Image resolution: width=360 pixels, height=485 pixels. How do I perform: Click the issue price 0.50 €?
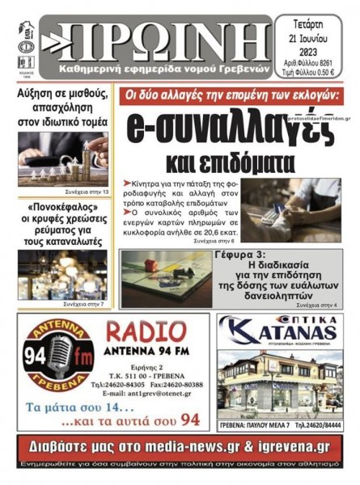click(x=335, y=73)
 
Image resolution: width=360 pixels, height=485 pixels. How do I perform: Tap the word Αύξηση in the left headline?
click(x=38, y=95)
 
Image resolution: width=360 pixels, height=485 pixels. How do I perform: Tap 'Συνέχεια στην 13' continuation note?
click(x=87, y=194)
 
